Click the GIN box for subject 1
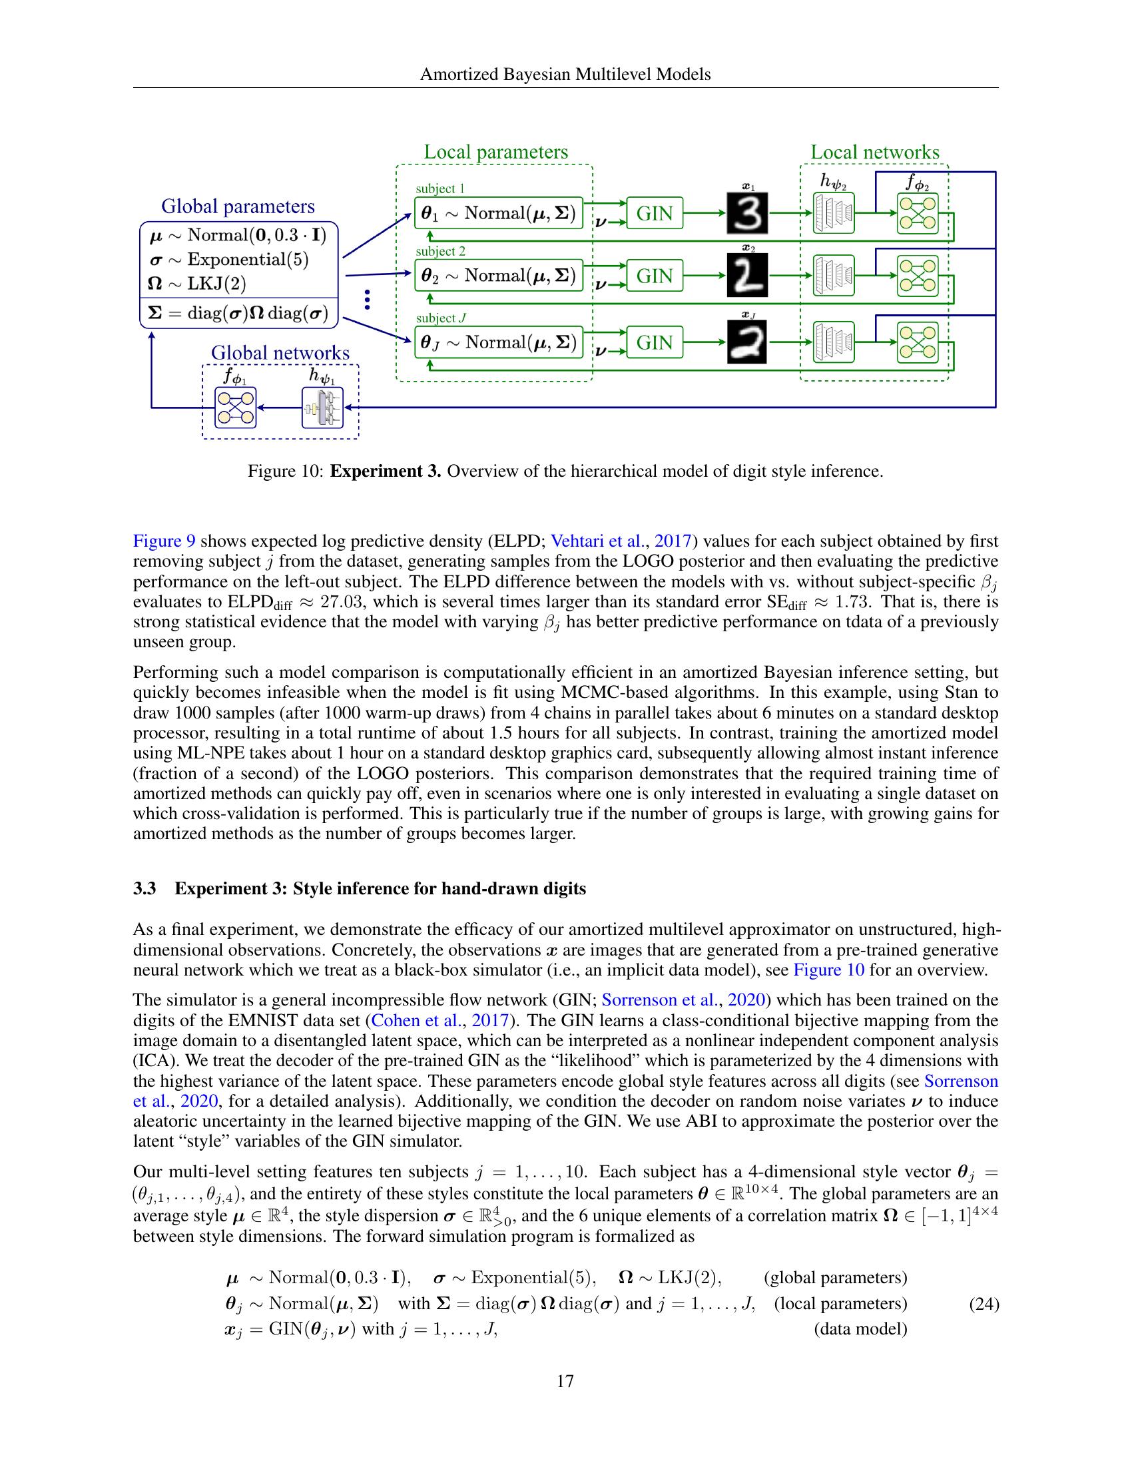(x=655, y=213)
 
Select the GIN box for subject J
(x=655, y=343)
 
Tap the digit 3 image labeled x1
(x=746, y=213)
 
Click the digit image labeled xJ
(x=746, y=343)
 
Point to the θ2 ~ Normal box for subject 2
(x=498, y=276)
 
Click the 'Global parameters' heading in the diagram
(x=238, y=206)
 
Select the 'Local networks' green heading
(x=874, y=152)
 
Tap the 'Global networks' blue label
(x=280, y=353)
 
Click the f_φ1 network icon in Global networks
(x=235, y=408)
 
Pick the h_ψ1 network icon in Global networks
(x=322, y=408)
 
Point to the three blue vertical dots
(x=367, y=299)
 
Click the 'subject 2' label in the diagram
(x=441, y=252)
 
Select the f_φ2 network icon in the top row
(x=918, y=213)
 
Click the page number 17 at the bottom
(x=565, y=1381)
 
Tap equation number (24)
(x=984, y=1304)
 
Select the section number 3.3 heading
(x=145, y=889)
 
